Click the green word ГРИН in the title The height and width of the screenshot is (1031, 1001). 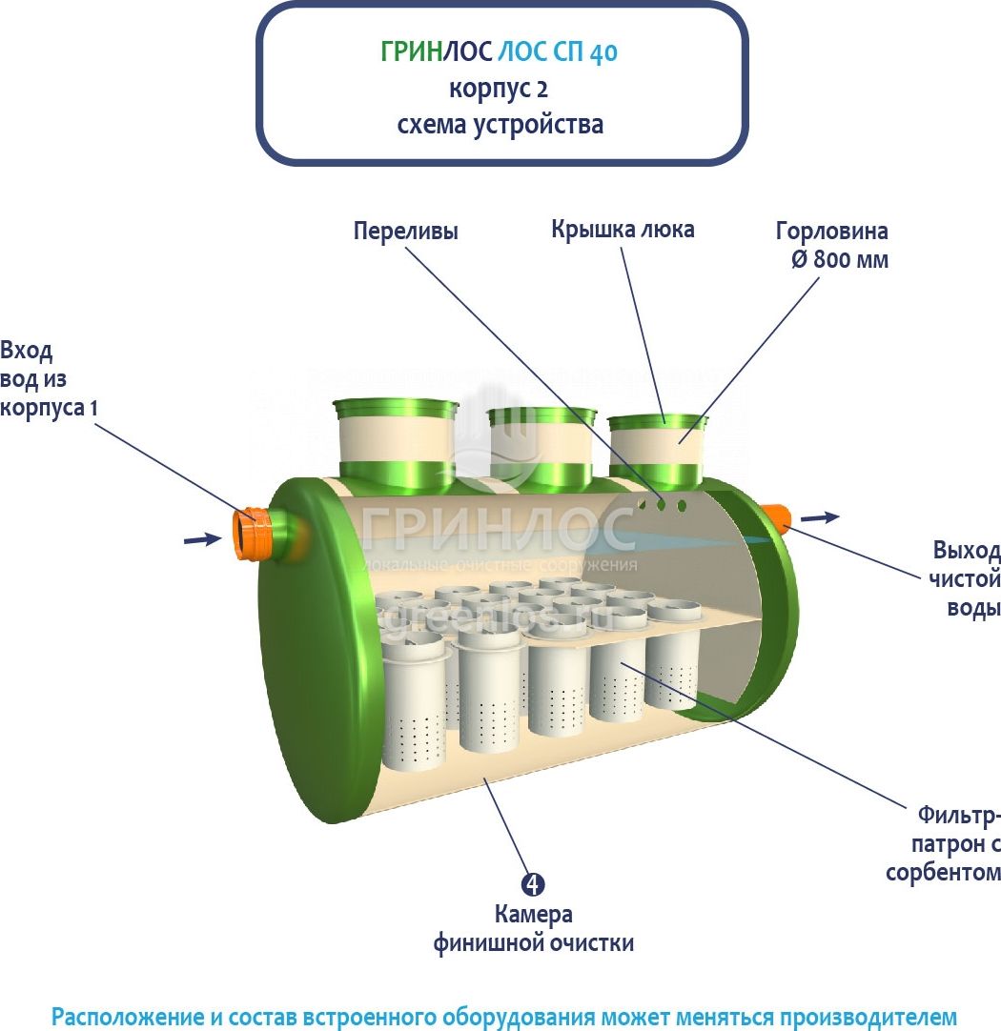pos(411,52)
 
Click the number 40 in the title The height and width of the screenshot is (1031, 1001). pos(604,52)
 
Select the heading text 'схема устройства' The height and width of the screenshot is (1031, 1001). pos(500,125)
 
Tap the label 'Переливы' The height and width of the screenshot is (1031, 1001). pos(405,232)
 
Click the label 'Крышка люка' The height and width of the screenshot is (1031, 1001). pos(623,230)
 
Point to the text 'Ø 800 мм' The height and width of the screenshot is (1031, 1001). pos(839,258)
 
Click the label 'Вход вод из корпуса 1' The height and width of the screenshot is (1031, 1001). pos(49,378)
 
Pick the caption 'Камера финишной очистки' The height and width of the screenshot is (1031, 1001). pos(534,929)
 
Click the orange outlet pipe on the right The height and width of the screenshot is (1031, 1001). pos(778,518)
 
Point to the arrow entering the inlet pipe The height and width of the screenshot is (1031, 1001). pos(201,539)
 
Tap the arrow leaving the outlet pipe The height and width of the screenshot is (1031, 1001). pos(819,517)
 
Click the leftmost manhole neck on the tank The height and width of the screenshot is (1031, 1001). pos(395,440)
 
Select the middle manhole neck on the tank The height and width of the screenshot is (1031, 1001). pos(541,445)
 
